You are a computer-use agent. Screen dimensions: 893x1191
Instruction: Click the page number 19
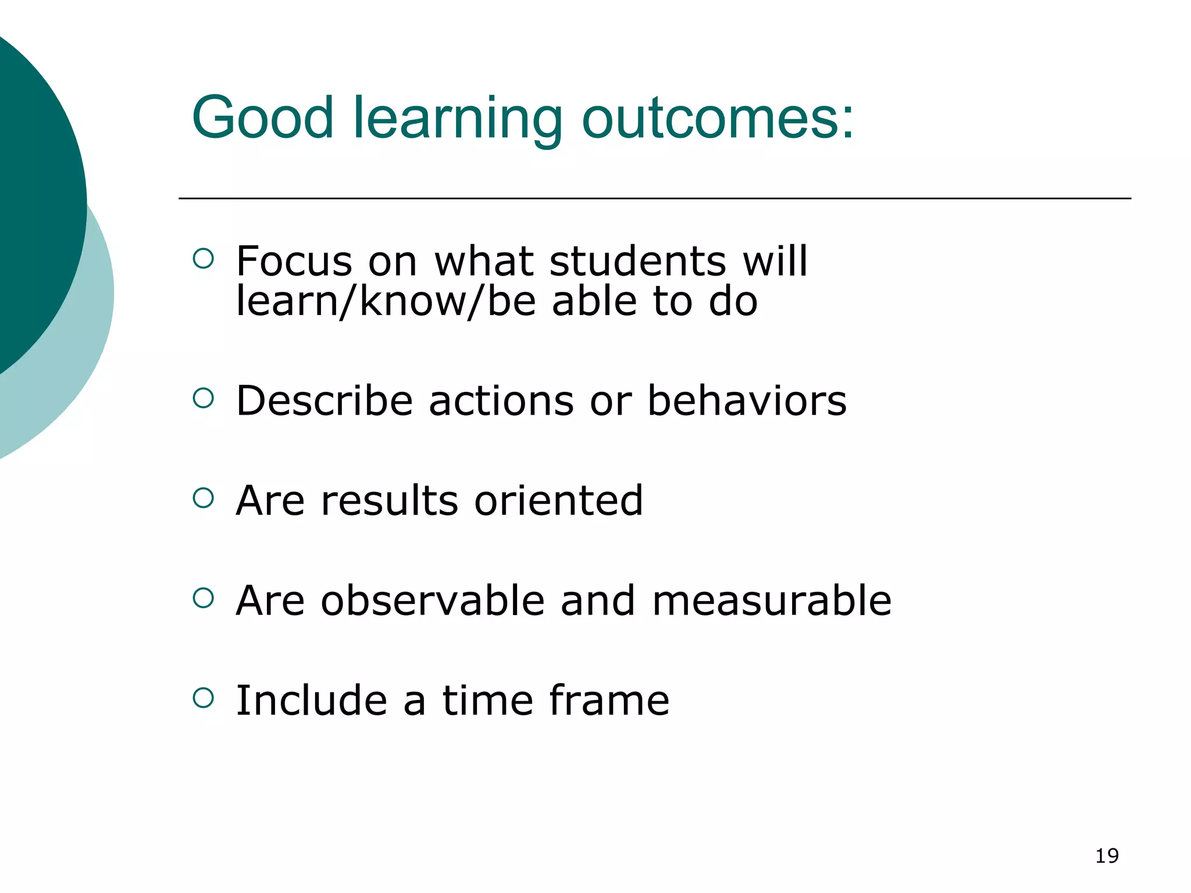click(1107, 856)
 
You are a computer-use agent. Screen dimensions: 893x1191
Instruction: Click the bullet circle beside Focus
click(203, 258)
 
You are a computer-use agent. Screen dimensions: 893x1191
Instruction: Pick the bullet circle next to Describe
click(203, 398)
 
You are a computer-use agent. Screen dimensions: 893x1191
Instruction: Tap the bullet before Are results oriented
click(203, 498)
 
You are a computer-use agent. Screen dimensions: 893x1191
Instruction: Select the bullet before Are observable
click(203, 598)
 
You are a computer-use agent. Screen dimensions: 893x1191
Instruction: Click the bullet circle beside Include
click(203, 698)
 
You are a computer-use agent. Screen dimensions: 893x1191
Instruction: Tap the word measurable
click(772, 600)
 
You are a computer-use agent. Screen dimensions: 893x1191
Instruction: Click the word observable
click(433, 600)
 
